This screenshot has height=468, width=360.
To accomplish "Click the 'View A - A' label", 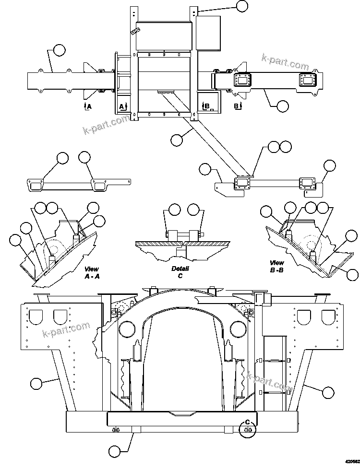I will [x=92, y=273].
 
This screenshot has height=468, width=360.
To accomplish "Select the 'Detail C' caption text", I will [x=180, y=272].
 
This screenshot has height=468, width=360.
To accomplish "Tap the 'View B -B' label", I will [x=277, y=266].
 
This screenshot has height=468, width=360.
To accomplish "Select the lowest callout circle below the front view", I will [x=115, y=451].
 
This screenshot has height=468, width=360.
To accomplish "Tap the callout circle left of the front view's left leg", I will [x=36, y=383].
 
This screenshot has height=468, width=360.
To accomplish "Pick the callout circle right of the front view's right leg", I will [x=328, y=392].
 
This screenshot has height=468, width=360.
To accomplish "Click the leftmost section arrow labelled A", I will [x=86, y=106].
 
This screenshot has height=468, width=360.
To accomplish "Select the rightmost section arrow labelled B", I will [x=237, y=106].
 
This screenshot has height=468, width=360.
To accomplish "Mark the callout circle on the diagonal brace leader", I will [x=177, y=140].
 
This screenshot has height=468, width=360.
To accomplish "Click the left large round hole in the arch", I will [x=126, y=328].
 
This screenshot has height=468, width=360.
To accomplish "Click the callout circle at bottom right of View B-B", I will [x=353, y=275].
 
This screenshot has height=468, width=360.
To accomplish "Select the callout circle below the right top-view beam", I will [x=283, y=105].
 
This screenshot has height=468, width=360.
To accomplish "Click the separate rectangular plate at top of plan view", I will [x=208, y=33].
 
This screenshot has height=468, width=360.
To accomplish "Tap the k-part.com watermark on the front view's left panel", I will [x=66, y=329].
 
